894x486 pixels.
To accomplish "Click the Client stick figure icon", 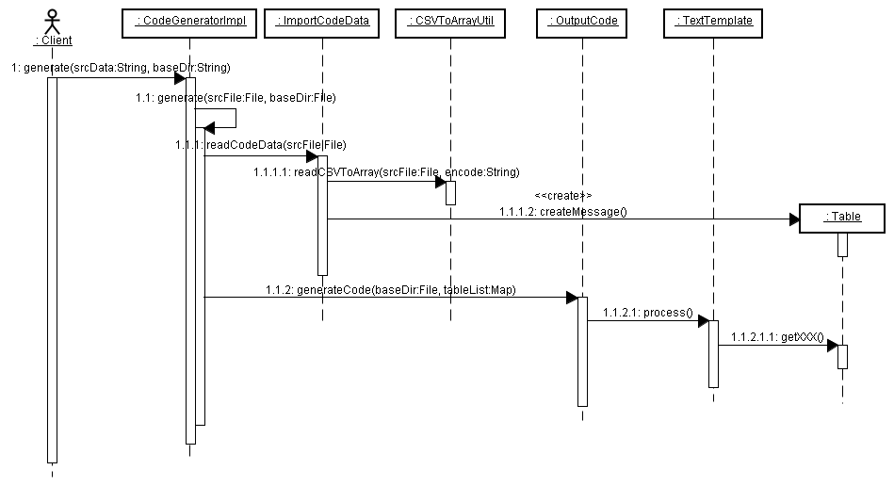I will (52, 20).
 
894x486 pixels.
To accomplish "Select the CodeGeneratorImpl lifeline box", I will (188, 21).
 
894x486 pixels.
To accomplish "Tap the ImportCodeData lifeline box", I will (321, 21).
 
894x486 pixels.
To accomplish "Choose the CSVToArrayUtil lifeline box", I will (450, 21).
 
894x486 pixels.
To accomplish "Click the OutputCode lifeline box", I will (582, 21).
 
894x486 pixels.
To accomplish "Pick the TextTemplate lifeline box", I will (712, 21).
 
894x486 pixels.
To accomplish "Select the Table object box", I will (842, 218).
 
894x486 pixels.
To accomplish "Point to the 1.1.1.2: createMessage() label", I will (562, 211).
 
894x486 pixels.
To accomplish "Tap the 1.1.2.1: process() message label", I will (647, 312).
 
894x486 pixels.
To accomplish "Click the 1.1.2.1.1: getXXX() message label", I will (777, 336).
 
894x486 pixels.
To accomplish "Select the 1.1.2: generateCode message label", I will (390, 289).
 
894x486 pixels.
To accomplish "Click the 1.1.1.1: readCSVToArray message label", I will (385, 172).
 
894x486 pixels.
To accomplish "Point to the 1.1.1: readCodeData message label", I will (260, 144).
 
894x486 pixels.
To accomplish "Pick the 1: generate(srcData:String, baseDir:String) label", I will (122, 68).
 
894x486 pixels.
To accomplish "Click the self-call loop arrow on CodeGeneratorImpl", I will (226, 118).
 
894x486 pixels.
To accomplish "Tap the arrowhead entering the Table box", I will (792, 219).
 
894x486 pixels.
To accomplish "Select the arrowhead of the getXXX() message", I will (832, 346).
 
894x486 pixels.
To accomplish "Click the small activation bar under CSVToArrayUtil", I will (450, 192).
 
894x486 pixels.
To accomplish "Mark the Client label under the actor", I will (53, 40).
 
